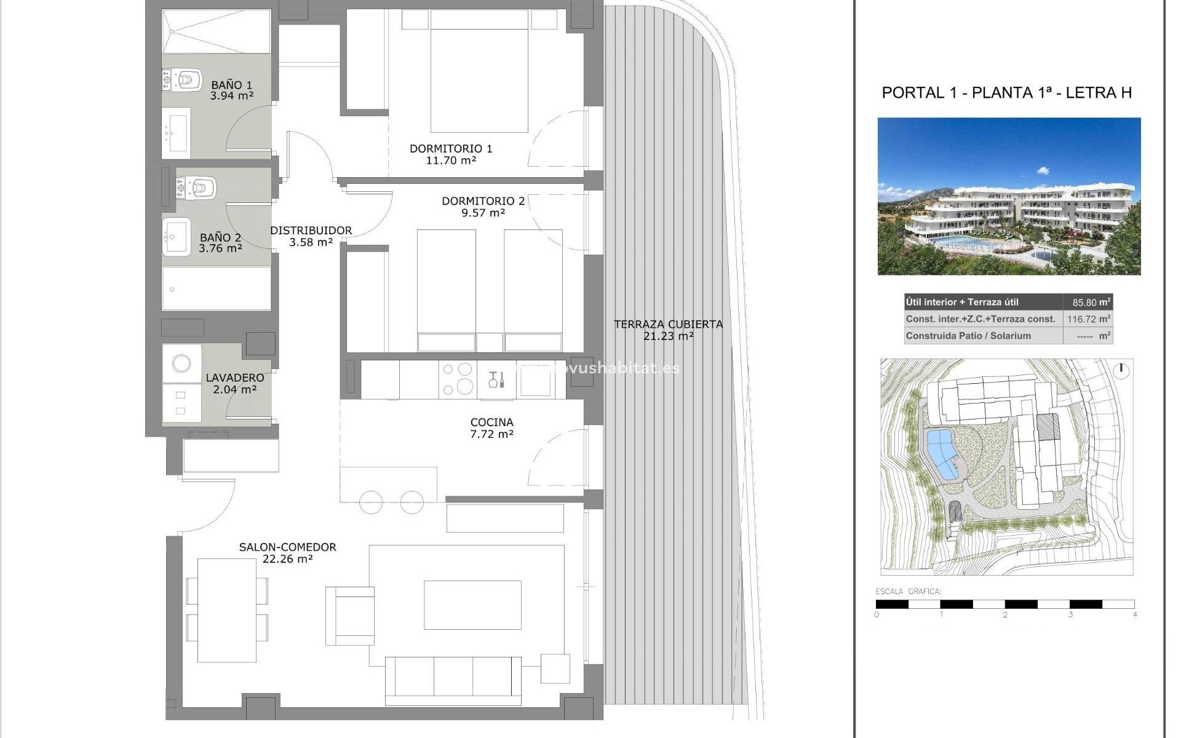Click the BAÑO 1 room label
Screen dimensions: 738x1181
coord(231,85)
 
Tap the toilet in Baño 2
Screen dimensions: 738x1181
coord(201,187)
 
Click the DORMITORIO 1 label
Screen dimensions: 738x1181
coord(450,148)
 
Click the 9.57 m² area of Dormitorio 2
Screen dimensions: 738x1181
coord(483,213)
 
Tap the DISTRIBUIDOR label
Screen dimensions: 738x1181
coord(311,231)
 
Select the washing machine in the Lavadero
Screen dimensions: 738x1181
coord(181,363)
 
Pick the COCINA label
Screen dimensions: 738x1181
coord(491,422)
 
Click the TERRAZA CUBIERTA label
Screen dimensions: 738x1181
coord(668,324)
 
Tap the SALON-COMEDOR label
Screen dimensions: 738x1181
coord(287,547)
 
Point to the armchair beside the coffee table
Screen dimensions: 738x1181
coord(350,615)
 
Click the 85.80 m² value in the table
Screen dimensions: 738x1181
coord(1087,303)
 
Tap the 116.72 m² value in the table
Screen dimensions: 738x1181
coord(1087,319)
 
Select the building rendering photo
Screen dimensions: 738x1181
coord(1009,196)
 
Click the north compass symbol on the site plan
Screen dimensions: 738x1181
coord(1121,370)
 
